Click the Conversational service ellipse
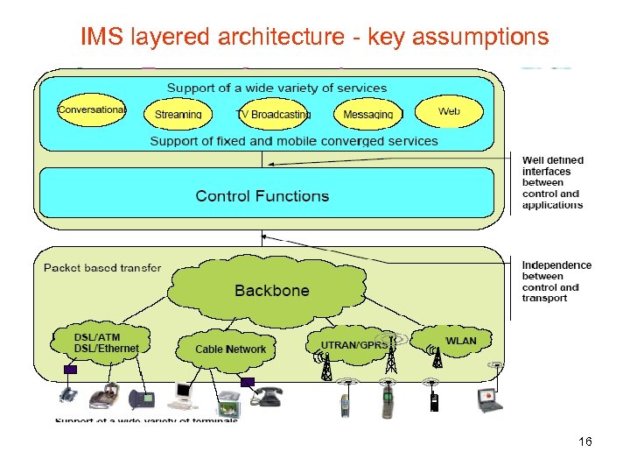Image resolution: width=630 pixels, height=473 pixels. pos(92,110)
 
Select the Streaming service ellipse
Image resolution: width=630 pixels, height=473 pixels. pos(178,114)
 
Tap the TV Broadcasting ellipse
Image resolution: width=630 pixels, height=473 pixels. pos(275,114)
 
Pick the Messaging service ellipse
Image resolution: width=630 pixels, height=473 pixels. pos(368,114)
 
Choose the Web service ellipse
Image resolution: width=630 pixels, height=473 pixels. pos(449,111)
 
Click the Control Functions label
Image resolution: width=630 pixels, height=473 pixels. pos(262,196)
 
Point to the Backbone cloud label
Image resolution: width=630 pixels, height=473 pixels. pos(271,291)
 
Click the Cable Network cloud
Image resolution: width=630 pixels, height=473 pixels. pos(231,349)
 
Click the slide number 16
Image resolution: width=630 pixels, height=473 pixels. pos(585,442)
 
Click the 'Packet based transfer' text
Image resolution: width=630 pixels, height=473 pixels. pos(102,267)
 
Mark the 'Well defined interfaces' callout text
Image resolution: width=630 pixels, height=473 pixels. pos(552,182)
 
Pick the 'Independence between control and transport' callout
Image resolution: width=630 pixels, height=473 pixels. pos(556,281)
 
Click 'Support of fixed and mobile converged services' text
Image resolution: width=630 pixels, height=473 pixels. pos(294,141)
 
